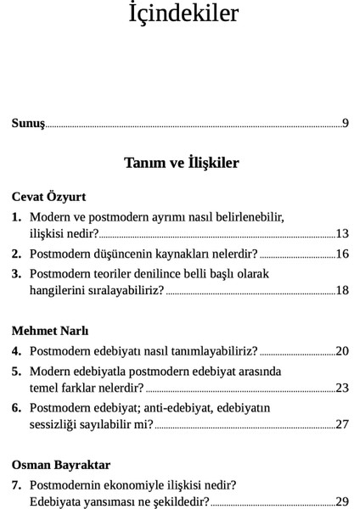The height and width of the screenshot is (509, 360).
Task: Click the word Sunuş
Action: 28,124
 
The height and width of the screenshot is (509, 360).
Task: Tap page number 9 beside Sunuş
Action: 346,124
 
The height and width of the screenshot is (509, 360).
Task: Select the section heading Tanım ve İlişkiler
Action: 181,163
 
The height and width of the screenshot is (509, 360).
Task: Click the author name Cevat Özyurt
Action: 49,197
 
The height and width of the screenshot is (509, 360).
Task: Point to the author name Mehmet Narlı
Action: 50,331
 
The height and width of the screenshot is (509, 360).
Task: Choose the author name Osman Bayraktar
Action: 61,465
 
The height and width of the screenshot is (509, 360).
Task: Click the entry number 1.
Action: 16,217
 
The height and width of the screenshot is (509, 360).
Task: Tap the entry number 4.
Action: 16,350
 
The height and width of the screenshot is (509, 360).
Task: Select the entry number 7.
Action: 16,485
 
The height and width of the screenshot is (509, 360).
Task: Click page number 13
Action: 342,233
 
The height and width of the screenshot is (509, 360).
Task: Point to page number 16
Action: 342,254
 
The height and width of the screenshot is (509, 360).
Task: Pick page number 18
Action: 342,290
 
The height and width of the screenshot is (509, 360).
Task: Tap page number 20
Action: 342,350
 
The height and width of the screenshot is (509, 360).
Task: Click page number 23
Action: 342,388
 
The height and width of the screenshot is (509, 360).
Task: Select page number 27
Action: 342,424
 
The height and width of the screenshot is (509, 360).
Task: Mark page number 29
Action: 342,501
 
